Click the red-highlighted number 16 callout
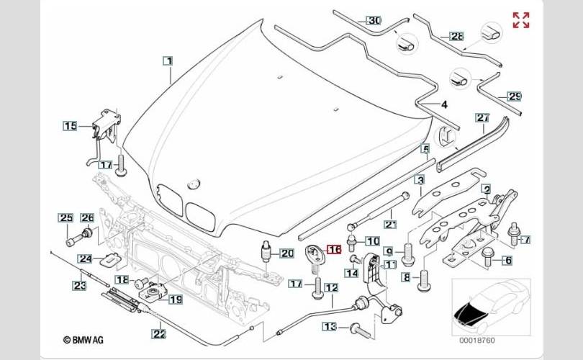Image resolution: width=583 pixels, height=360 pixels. [334, 250]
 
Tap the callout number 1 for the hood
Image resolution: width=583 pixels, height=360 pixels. [167, 61]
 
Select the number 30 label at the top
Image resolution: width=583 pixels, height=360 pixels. [374, 20]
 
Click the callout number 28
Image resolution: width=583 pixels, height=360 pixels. [458, 36]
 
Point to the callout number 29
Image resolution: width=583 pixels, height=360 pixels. [514, 96]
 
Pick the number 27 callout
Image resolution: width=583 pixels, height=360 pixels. [482, 117]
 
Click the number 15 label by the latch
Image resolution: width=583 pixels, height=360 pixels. [69, 126]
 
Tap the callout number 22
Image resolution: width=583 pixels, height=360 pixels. [158, 333]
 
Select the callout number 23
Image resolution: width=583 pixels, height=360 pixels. [79, 286]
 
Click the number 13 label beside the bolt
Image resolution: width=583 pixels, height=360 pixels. [329, 327]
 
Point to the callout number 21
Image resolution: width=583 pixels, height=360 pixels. [390, 224]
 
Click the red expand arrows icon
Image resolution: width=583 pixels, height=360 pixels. [520, 20]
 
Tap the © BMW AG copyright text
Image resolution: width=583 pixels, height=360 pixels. [84, 339]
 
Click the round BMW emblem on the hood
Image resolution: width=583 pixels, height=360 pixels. [192, 184]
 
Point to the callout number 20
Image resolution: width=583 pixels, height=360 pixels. [287, 253]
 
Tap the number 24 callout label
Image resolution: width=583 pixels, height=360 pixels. [85, 258]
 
